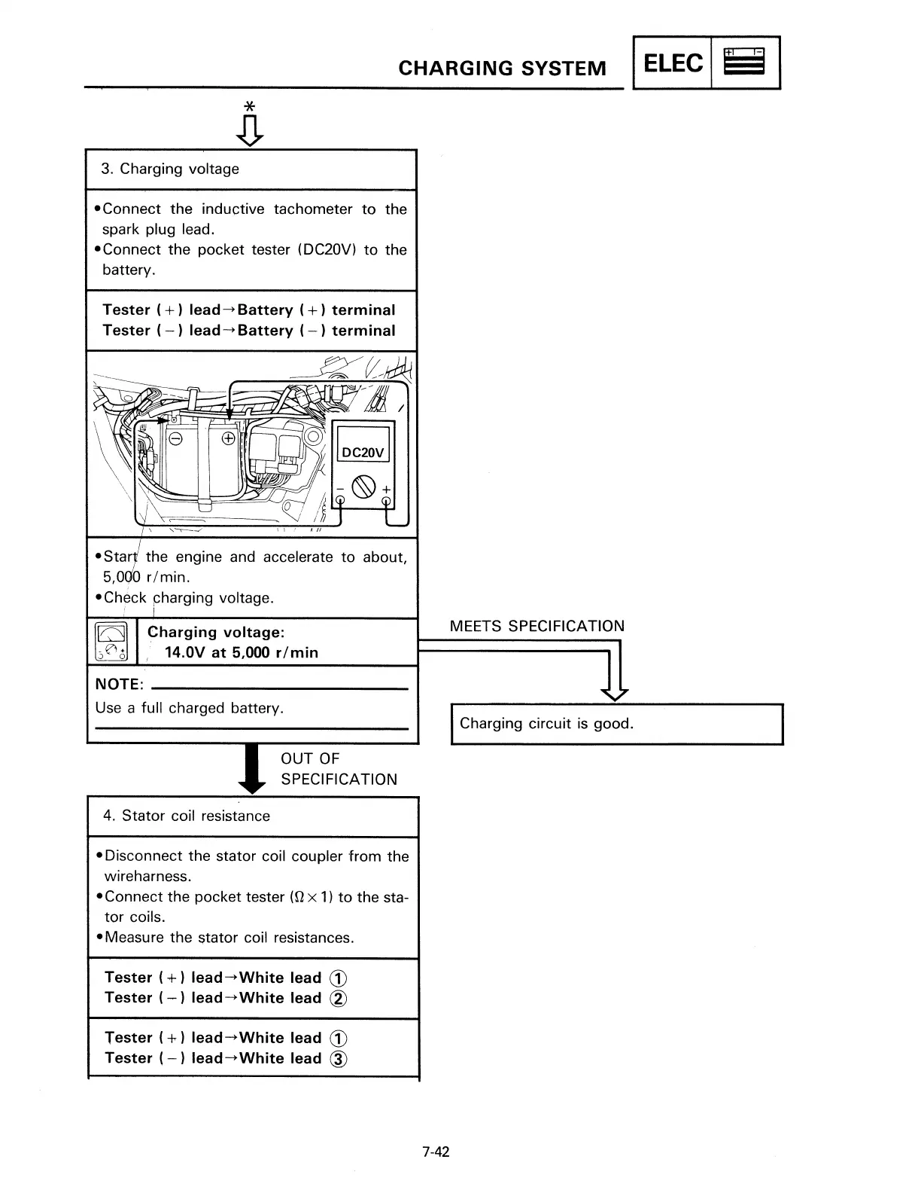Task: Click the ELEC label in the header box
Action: [673, 63]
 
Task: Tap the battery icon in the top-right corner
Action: [743, 63]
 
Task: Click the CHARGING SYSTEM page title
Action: [502, 69]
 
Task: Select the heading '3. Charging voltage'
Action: [170, 169]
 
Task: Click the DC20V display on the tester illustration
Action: [363, 452]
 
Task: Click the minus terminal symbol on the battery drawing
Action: [175, 438]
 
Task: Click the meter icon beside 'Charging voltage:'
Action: [111, 642]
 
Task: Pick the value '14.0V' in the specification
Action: [184, 652]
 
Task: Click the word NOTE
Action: [118, 685]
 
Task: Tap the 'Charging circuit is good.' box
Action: [617, 724]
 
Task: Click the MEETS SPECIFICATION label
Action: [536, 626]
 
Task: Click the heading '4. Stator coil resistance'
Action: [187, 816]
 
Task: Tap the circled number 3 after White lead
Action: [339, 1059]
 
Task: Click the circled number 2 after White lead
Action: [339, 999]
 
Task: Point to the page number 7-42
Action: [436, 1151]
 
